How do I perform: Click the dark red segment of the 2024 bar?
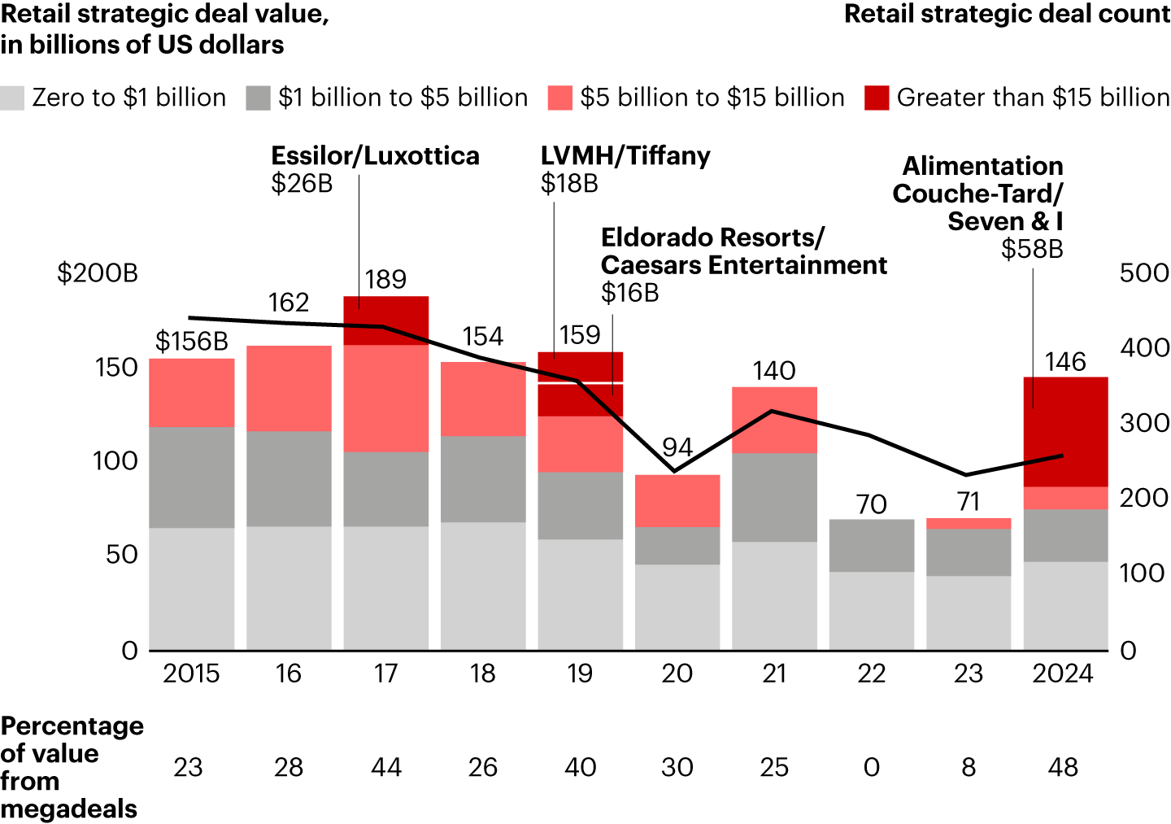click(x=1065, y=431)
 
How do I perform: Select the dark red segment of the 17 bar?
click(x=385, y=320)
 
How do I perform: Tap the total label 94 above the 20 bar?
click(x=677, y=447)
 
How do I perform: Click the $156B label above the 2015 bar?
click(x=192, y=342)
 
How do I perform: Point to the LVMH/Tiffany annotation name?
click(x=625, y=155)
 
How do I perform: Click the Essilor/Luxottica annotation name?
click(x=375, y=155)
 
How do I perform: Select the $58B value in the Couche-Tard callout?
click(x=1032, y=249)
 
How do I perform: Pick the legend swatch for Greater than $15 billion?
click(x=877, y=98)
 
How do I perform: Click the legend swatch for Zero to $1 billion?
click(x=12, y=98)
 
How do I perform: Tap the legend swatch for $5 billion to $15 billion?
click(x=559, y=98)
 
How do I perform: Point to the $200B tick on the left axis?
click(x=98, y=273)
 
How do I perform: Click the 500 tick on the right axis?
click(x=1144, y=273)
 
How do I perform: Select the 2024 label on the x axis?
click(x=1063, y=674)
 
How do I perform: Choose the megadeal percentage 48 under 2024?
click(x=1063, y=767)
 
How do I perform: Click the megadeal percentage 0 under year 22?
click(x=871, y=767)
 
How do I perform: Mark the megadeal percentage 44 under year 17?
click(x=385, y=767)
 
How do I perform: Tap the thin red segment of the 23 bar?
click(x=969, y=523)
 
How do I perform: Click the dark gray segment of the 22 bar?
click(x=872, y=545)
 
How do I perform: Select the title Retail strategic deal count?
click(x=1007, y=15)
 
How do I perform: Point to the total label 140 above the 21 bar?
click(x=773, y=371)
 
